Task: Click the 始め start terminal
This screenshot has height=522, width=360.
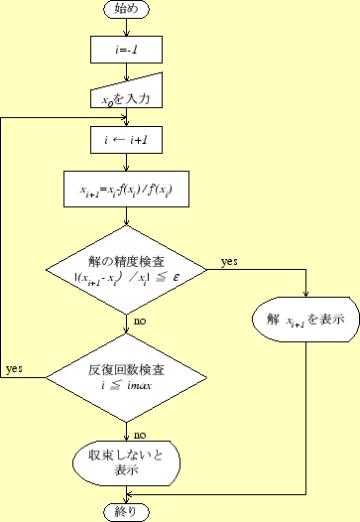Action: pyautogui.click(x=126, y=9)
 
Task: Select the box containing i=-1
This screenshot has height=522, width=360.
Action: pyautogui.click(x=126, y=47)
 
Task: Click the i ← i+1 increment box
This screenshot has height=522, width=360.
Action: pyautogui.click(x=126, y=141)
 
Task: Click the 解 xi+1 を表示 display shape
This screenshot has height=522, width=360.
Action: pyautogui.click(x=304, y=321)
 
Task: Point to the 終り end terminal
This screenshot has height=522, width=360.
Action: pyautogui.click(x=126, y=512)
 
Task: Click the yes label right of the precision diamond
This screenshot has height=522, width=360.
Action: pyautogui.click(x=229, y=261)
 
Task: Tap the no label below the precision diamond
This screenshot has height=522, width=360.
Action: pyautogui.click(x=140, y=322)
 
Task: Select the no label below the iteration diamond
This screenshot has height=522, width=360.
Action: pyautogui.click(x=140, y=435)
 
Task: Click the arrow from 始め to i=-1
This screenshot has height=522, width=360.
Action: pyautogui.click(x=126, y=27)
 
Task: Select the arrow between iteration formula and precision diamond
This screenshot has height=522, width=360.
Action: pyautogui.click(x=126, y=219)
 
